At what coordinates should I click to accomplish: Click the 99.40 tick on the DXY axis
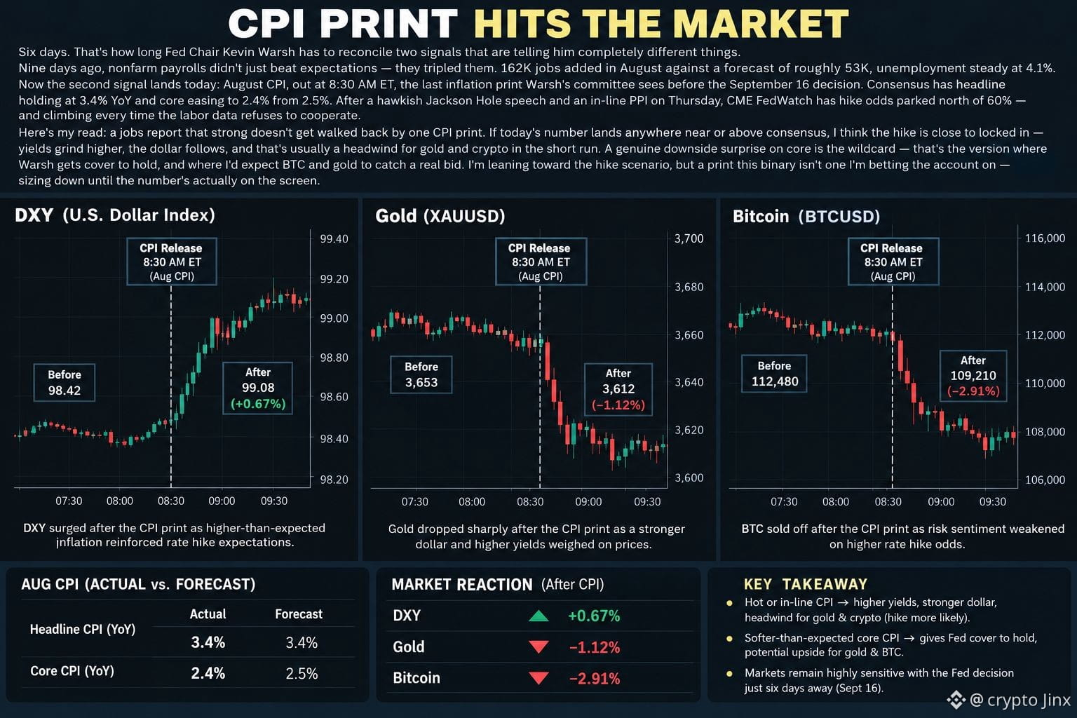pos(334,239)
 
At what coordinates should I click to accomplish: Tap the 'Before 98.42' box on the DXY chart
pos(65,383)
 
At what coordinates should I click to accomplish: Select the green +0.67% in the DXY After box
pos(258,404)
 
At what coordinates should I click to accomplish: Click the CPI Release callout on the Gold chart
pos(541,262)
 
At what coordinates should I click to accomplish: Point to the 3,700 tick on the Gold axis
pos(689,238)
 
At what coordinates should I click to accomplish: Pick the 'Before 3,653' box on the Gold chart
pos(421,374)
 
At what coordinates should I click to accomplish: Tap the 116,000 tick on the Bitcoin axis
pos(1045,238)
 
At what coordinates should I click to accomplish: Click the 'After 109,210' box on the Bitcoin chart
pos(973,376)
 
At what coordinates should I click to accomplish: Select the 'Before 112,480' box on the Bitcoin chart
pos(774,374)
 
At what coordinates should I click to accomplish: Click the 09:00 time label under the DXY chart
pos(222,501)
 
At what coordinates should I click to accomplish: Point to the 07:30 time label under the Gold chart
pos(414,502)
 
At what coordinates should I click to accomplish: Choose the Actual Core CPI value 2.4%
pos(208,673)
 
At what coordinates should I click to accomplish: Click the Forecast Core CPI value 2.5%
pos(302,673)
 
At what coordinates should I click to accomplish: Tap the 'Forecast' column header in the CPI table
pos(299,614)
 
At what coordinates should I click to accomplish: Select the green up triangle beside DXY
pos(538,616)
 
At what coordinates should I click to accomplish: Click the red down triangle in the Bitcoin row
pos(538,678)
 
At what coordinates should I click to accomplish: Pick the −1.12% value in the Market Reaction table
pos(595,647)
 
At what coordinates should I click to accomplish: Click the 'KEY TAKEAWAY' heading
pos(806,584)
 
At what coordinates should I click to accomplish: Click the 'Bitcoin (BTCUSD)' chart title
pos(806,217)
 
